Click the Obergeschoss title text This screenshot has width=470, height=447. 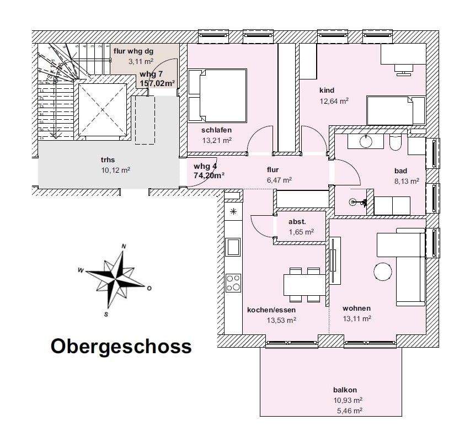(x=121, y=347)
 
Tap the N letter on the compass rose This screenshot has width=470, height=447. (x=124, y=247)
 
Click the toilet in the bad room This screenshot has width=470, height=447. (x=396, y=143)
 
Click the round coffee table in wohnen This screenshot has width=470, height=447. (x=383, y=272)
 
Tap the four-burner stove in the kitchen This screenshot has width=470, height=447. (x=233, y=283)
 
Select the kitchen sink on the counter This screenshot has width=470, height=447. (x=233, y=247)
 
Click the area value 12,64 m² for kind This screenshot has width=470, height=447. (x=334, y=101)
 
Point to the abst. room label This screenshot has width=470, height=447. (x=297, y=222)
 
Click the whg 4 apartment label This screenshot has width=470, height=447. (x=205, y=166)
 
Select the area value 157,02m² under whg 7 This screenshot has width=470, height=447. (x=157, y=83)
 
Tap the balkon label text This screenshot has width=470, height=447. (x=345, y=390)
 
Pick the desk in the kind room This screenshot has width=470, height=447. (x=403, y=55)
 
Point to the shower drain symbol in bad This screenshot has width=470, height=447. (x=353, y=203)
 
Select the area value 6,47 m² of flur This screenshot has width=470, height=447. (x=279, y=180)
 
